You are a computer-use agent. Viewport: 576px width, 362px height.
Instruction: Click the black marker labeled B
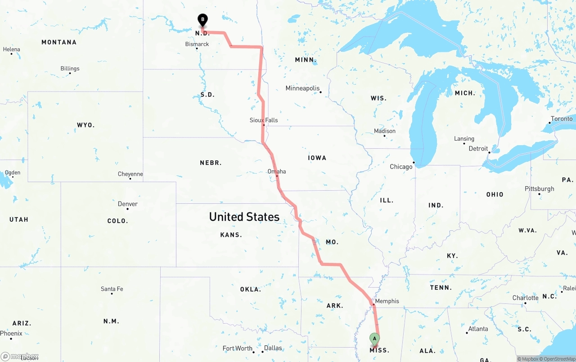coord(202,20)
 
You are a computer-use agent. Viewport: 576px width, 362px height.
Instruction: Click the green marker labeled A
coord(374,339)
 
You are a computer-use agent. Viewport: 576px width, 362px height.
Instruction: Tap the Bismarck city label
coord(197,44)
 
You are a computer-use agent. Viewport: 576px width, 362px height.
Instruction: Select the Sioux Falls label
coord(264,120)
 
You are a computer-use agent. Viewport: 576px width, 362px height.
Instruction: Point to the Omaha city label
coord(277,171)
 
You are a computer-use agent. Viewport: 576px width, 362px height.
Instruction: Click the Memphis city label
coord(387,301)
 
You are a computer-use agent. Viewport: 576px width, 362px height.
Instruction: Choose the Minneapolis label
coord(302,88)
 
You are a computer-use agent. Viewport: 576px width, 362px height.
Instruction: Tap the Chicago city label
coord(401,167)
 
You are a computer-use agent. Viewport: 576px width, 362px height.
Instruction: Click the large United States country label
coord(244,217)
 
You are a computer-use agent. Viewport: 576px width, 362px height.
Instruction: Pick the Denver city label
coord(128,204)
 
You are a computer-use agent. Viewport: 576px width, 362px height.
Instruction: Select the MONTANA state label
coord(59,42)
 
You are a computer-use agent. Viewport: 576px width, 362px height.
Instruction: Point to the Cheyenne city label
coord(130,174)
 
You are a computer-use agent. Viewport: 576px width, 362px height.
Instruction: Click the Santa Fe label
coord(112,289)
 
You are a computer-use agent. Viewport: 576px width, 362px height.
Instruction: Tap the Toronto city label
coord(562,119)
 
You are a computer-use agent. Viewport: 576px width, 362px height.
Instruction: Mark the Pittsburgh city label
coord(540,188)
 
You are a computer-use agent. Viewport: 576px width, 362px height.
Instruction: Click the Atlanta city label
coord(478,329)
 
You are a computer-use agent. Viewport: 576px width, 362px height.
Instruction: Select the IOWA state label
coord(317,158)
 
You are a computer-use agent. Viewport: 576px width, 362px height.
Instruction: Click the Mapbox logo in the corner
coord(20,357)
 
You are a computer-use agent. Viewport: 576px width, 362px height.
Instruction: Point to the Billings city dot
coord(70,73)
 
